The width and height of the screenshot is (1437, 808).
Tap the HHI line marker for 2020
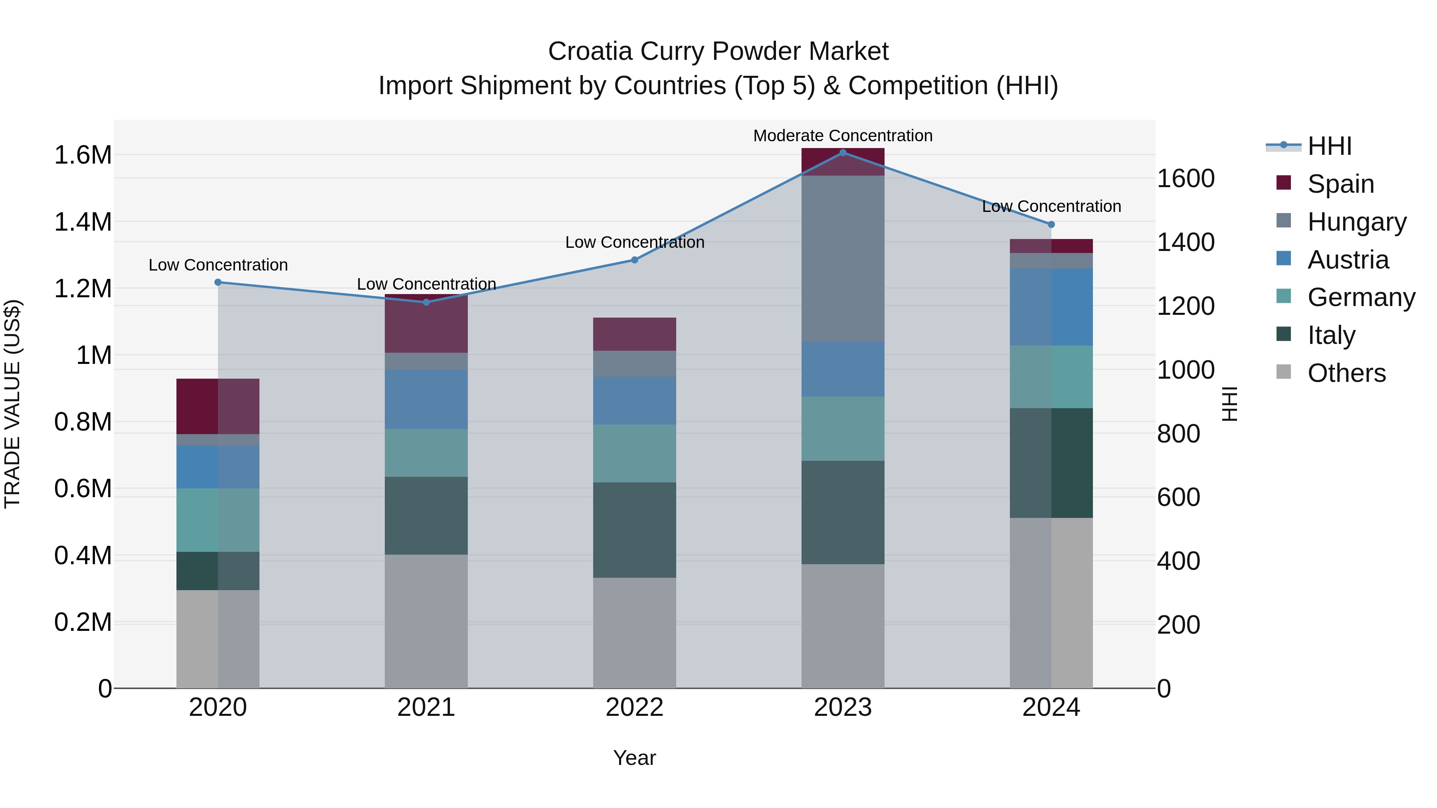point(218,282)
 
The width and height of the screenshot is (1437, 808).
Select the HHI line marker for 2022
point(634,260)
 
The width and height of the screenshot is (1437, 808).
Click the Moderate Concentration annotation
point(842,136)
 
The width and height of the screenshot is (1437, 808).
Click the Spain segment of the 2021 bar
point(426,324)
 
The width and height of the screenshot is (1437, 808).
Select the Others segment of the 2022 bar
point(634,632)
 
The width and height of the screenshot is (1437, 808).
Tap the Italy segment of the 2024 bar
point(1051,463)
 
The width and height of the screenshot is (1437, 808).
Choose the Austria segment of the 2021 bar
point(426,399)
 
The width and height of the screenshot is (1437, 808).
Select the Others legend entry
point(1346,373)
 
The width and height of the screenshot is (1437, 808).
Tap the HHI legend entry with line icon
point(1329,146)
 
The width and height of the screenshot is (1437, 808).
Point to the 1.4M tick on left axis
point(83,222)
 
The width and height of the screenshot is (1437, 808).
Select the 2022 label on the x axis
point(634,707)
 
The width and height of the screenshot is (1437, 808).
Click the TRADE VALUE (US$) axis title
point(12,404)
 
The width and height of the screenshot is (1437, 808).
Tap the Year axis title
point(634,758)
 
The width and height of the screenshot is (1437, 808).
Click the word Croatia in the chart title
point(589,51)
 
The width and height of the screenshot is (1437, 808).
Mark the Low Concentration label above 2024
point(1051,206)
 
